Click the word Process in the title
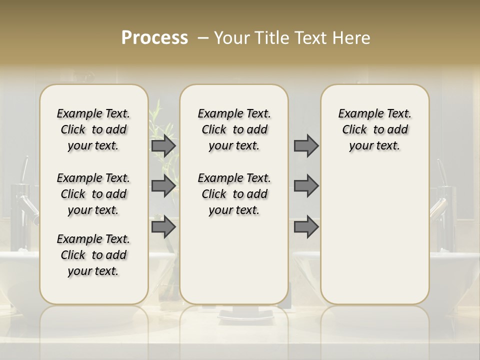(x=154, y=37)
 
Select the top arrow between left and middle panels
(x=163, y=145)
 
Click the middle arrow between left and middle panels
(x=163, y=186)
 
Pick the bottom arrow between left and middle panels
(x=163, y=226)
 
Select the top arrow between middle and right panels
(x=306, y=145)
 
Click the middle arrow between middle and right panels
(x=306, y=186)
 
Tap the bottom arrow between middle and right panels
(x=306, y=226)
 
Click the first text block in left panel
(x=93, y=129)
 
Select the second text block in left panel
(x=93, y=194)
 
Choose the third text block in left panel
(x=93, y=255)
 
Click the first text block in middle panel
(x=234, y=129)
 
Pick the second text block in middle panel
(x=234, y=194)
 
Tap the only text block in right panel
(x=374, y=129)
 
